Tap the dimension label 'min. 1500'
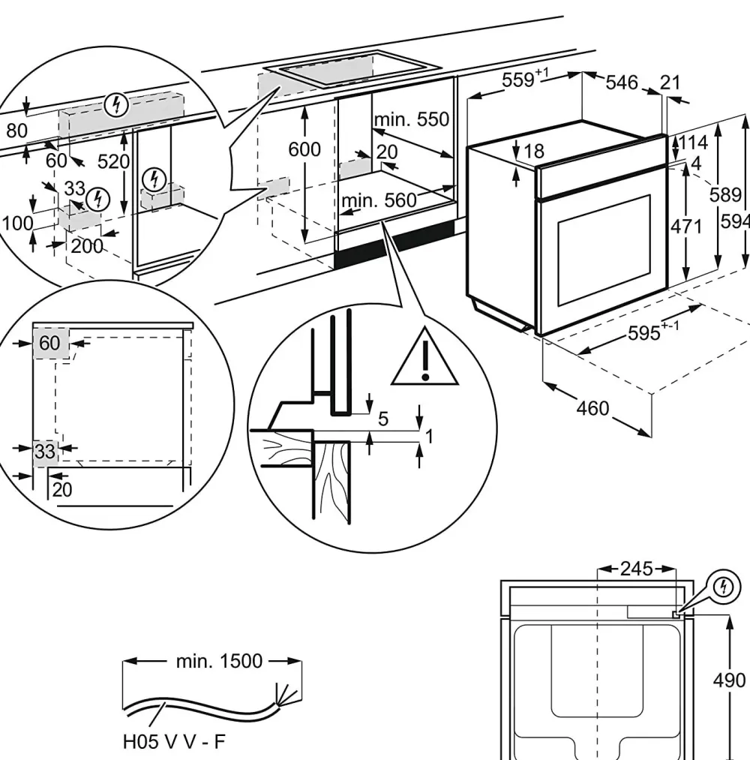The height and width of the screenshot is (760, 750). click(219, 661)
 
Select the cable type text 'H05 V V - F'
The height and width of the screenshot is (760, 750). click(174, 742)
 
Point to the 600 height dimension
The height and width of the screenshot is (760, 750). click(304, 149)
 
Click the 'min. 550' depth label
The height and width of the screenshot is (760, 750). click(412, 119)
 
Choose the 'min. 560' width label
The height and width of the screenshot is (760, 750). click(378, 200)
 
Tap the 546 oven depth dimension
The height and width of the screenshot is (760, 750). click(622, 82)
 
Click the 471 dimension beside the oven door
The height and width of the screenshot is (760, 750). click(685, 226)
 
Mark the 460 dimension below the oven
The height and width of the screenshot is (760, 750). click(592, 409)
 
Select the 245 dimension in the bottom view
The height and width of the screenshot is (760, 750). click(637, 569)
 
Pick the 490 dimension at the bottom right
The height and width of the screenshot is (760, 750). click(729, 680)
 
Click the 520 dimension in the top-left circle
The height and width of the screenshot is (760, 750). click(114, 161)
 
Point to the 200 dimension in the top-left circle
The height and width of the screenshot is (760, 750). click(87, 245)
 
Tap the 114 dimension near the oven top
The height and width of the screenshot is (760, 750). click(693, 143)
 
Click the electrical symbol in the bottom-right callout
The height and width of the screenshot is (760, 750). click(724, 587)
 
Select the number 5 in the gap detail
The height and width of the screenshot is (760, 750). click(383, 419)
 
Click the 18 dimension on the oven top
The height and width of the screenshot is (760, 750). click(533, 152)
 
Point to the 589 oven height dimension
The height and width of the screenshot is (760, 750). click(725, 195)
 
